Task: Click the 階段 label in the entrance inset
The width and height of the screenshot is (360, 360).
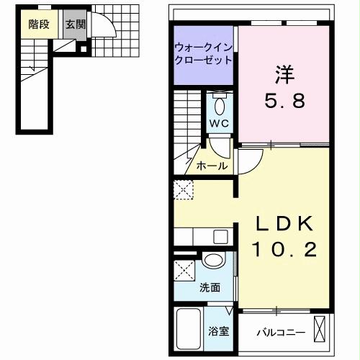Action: pos(39,24)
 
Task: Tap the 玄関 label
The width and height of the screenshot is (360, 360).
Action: pos(74,24)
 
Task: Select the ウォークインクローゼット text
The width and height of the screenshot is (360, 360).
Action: pos(203,54)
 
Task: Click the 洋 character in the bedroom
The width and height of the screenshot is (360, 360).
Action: pos(282,74)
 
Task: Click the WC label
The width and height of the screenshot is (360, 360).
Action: pos(219,123)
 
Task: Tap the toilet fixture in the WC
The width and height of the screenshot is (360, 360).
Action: pos(220,105)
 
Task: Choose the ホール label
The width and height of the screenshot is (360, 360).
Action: pos(212,166)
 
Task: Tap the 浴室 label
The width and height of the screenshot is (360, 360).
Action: pos(219,332)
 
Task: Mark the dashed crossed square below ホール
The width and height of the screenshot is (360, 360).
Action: pos(183,190)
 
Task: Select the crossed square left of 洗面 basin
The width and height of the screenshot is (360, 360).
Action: pos(184,273)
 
